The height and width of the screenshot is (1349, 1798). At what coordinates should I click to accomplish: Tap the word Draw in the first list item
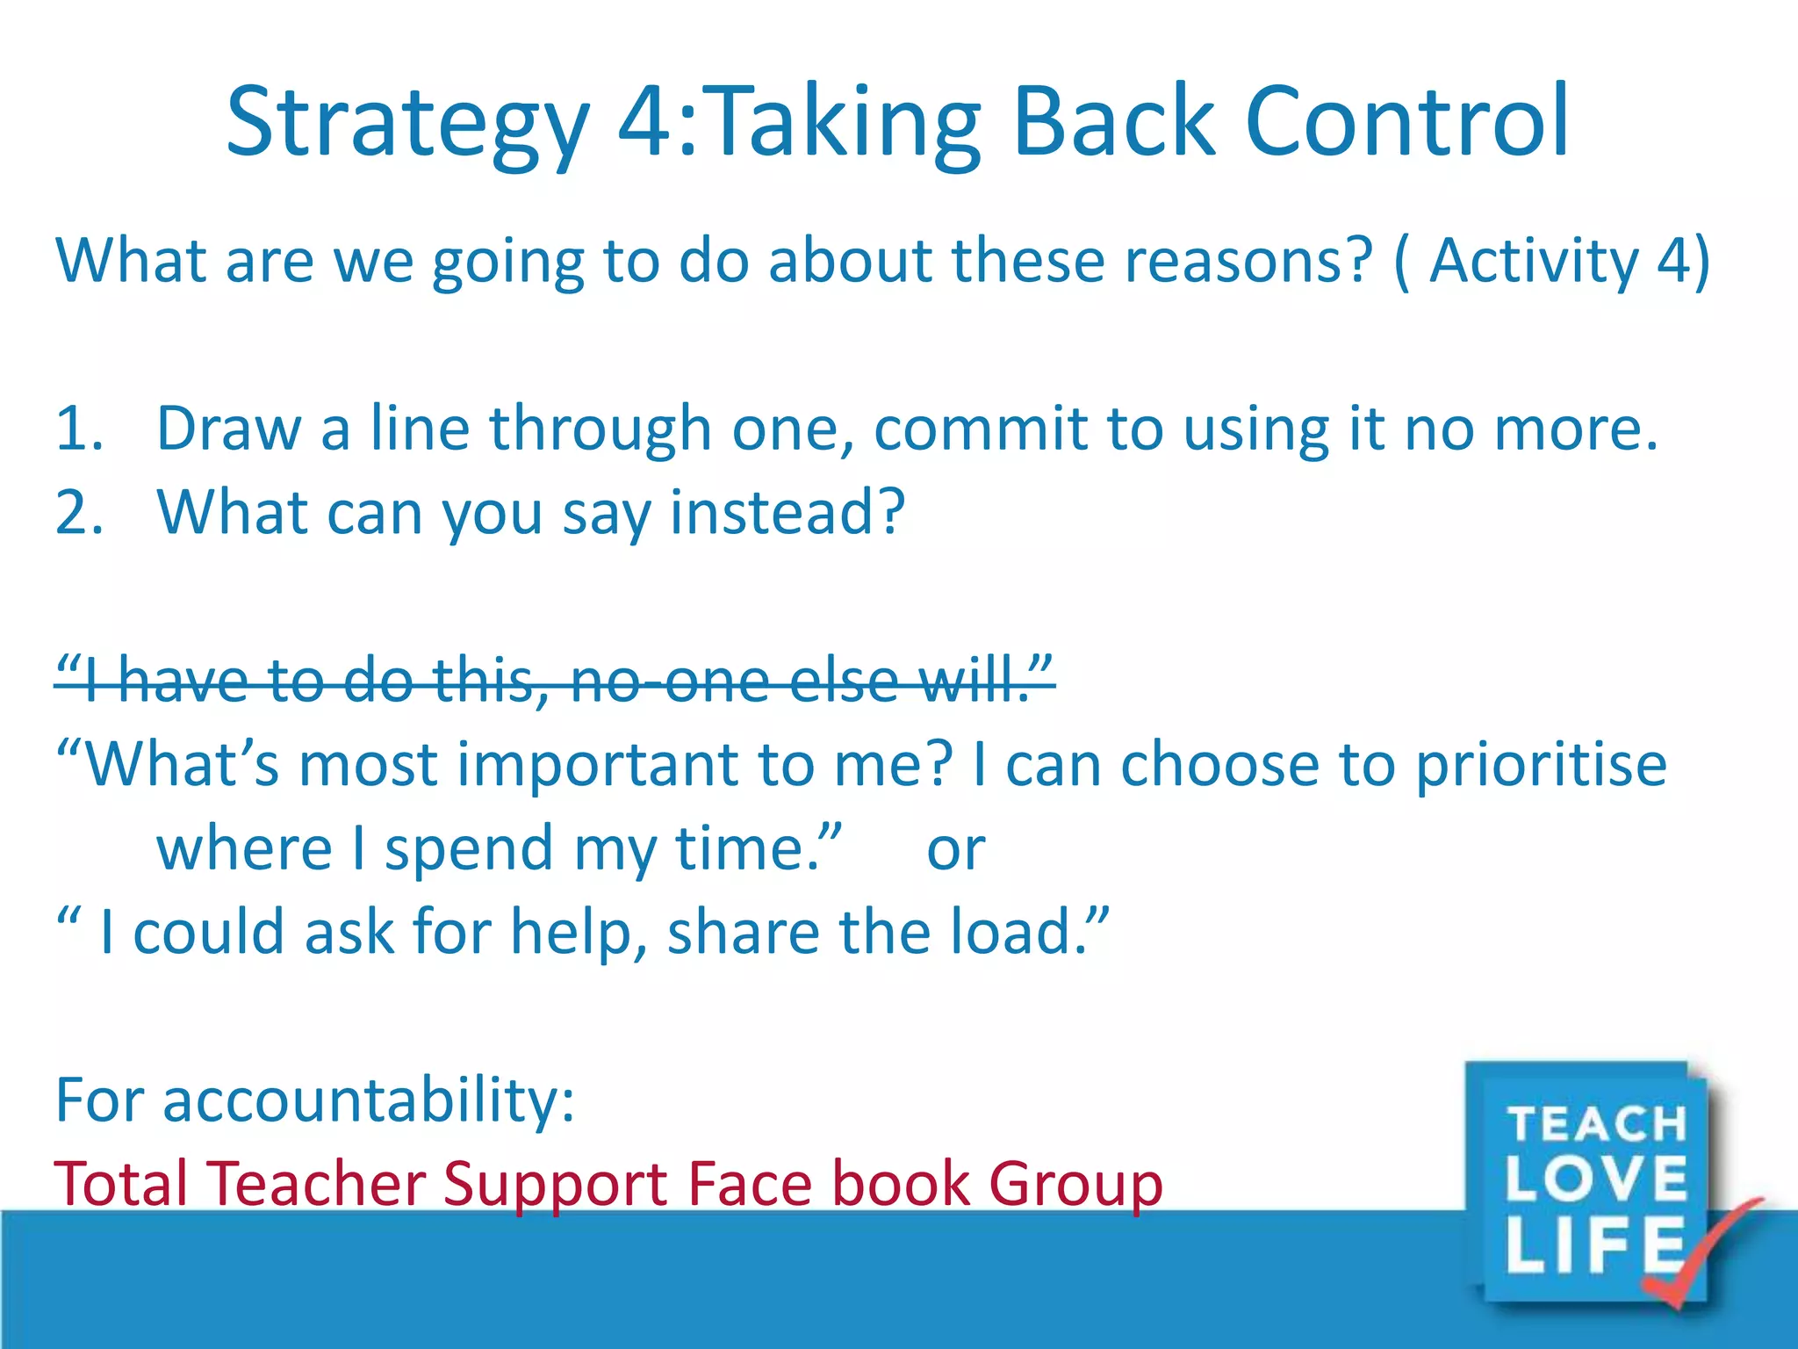(228, 429)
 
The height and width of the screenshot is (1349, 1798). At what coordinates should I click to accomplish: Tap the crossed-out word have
(184, 681)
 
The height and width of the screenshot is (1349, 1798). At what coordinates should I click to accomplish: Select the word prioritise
(1542, 764)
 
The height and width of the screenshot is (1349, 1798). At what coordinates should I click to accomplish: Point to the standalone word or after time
(956, 849)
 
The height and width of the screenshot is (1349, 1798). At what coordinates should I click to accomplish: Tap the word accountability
(369, 1100)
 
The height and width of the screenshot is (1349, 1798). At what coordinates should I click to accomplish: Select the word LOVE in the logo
(1596, 1179)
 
